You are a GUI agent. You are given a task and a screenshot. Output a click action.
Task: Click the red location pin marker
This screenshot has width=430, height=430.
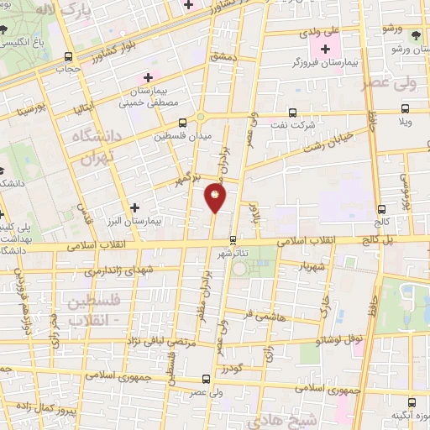pyautogui.click(x=215, y=197)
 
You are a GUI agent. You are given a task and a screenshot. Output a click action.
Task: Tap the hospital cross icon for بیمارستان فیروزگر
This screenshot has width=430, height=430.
pyautogui.click(x=325, y=49)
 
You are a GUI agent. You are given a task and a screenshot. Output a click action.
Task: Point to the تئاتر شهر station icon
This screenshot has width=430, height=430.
pyautogui.click(x=233, y=239)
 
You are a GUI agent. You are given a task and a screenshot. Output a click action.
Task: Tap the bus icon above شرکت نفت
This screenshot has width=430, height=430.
pyautogui.click(x=292, y=112)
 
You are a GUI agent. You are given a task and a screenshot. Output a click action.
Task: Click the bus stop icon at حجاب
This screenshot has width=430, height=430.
pyautogui.click(x=67, y=56)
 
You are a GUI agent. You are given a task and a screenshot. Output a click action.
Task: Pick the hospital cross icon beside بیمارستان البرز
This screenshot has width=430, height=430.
pyautogui.click(x=134, y=206)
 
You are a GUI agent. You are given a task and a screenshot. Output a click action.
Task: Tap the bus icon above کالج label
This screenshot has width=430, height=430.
pyautogui.click(x=381, y=209)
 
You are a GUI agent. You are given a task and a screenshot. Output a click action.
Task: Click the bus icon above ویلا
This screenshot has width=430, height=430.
pyautogui.click(x=406, y=108)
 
